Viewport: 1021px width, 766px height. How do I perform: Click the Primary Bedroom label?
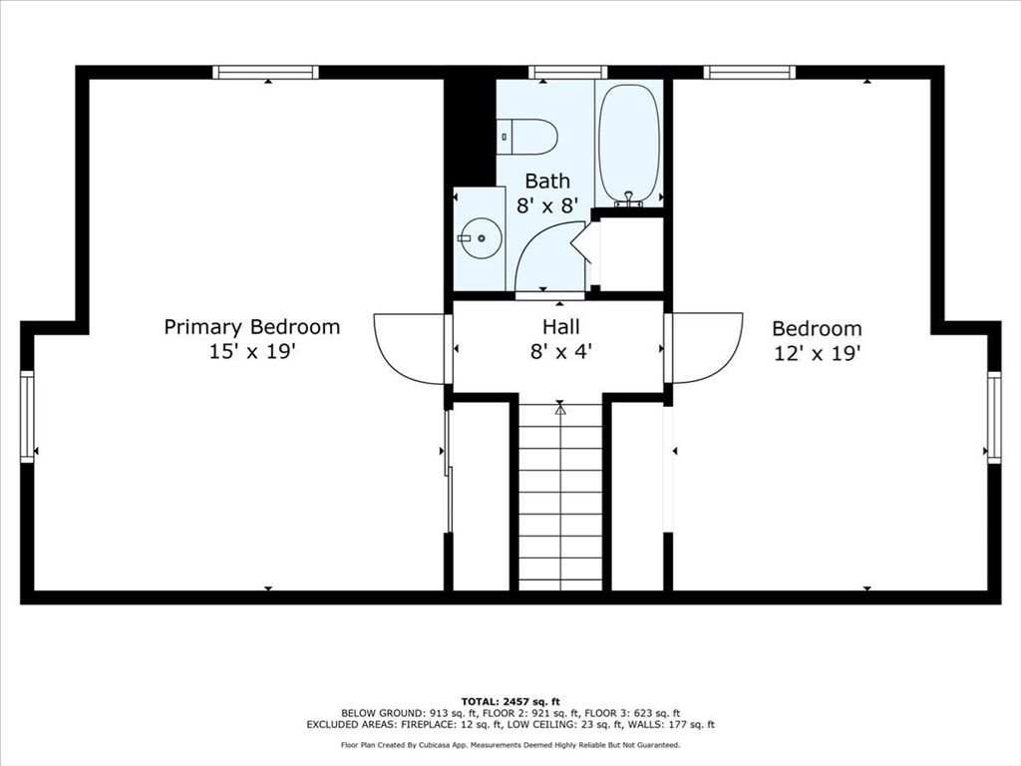click(252, 327)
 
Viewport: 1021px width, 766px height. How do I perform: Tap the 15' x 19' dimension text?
click(252, 352)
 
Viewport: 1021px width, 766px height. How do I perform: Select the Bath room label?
click(547, 181)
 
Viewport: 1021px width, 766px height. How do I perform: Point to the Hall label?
click(560, 326)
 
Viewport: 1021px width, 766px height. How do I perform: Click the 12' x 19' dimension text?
click(818, 353)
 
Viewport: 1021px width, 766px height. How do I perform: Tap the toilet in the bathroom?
click(527, 137)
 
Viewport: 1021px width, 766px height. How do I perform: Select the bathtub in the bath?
click(628, 145)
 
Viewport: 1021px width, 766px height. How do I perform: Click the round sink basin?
click(482, 237)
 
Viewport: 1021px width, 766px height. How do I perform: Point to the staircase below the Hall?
click(560, 497)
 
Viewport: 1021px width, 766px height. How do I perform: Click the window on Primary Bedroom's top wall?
click(265, 72)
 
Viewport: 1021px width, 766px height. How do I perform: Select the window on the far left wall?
click(27, 417)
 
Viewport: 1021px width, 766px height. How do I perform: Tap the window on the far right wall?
click(994, 417)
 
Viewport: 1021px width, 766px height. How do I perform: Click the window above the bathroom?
click(572, 72)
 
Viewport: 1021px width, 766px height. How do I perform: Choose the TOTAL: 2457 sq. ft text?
click(510, 701)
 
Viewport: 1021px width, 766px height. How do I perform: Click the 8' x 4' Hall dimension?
click(560, 352)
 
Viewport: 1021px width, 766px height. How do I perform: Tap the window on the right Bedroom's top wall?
click(750, 72)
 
